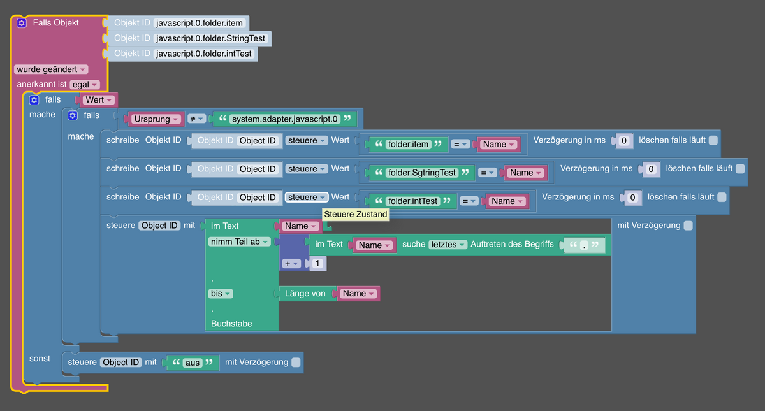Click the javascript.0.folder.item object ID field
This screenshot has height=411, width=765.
coord(200,24)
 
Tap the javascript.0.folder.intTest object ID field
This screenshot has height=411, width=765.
coord(204,54)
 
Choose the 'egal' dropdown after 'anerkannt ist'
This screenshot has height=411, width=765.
coord(85,85)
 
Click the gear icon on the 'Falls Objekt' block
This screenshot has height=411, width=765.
coord(22,23)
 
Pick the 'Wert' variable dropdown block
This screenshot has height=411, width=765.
coord(98,100)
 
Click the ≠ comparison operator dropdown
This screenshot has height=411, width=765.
coord(196,119)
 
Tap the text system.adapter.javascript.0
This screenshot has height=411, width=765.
coord(284,119)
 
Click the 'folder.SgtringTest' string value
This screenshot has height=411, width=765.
coord(422,173)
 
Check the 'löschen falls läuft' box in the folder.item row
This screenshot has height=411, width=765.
coord(713,140)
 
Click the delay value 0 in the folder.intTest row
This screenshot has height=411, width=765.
coord(632,198)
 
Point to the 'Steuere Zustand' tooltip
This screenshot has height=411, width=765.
coord(355,215)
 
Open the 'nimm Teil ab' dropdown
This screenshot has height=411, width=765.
coord(239,242)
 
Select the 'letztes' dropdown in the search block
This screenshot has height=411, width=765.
coord(448,245)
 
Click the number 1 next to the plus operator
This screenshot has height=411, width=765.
coord(317,264)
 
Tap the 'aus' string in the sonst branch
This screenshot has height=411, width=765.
coord(192,363)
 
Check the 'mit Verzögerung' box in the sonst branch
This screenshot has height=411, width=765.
coord(296,363)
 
